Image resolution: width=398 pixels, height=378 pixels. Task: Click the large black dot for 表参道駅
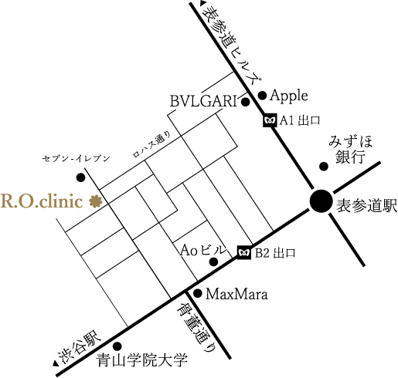click(321, 201)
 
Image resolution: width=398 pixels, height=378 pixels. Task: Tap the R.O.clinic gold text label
click(42, 201)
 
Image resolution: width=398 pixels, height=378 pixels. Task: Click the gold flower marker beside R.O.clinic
click(96, 201)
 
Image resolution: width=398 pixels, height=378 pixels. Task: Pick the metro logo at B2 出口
click(244, 253)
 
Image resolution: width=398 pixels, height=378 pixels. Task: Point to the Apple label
click(289, 96)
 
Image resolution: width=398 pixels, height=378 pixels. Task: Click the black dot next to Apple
click(262, 96)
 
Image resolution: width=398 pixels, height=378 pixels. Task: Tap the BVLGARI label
click(203, 101)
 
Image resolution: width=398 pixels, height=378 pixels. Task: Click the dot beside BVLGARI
click(246, 102)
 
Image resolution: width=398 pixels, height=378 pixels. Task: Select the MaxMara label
click(236, 294)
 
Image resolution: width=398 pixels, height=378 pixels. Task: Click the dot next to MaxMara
click(198, 293)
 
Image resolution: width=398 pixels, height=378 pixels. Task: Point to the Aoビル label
click(203, 251)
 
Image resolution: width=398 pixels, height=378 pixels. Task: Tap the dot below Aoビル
click(213, 262)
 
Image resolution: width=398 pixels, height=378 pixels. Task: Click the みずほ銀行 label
click(350, 150)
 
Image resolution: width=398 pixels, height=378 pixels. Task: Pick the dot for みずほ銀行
click(324, 167)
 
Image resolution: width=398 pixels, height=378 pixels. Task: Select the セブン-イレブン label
click(77, 159)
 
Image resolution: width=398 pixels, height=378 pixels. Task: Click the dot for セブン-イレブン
click(81, 177)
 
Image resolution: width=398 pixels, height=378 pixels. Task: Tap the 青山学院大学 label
click(142, 360)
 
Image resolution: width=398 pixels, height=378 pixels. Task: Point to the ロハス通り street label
click(151, 144)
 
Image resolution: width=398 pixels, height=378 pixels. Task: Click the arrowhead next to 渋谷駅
click(55, 363)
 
